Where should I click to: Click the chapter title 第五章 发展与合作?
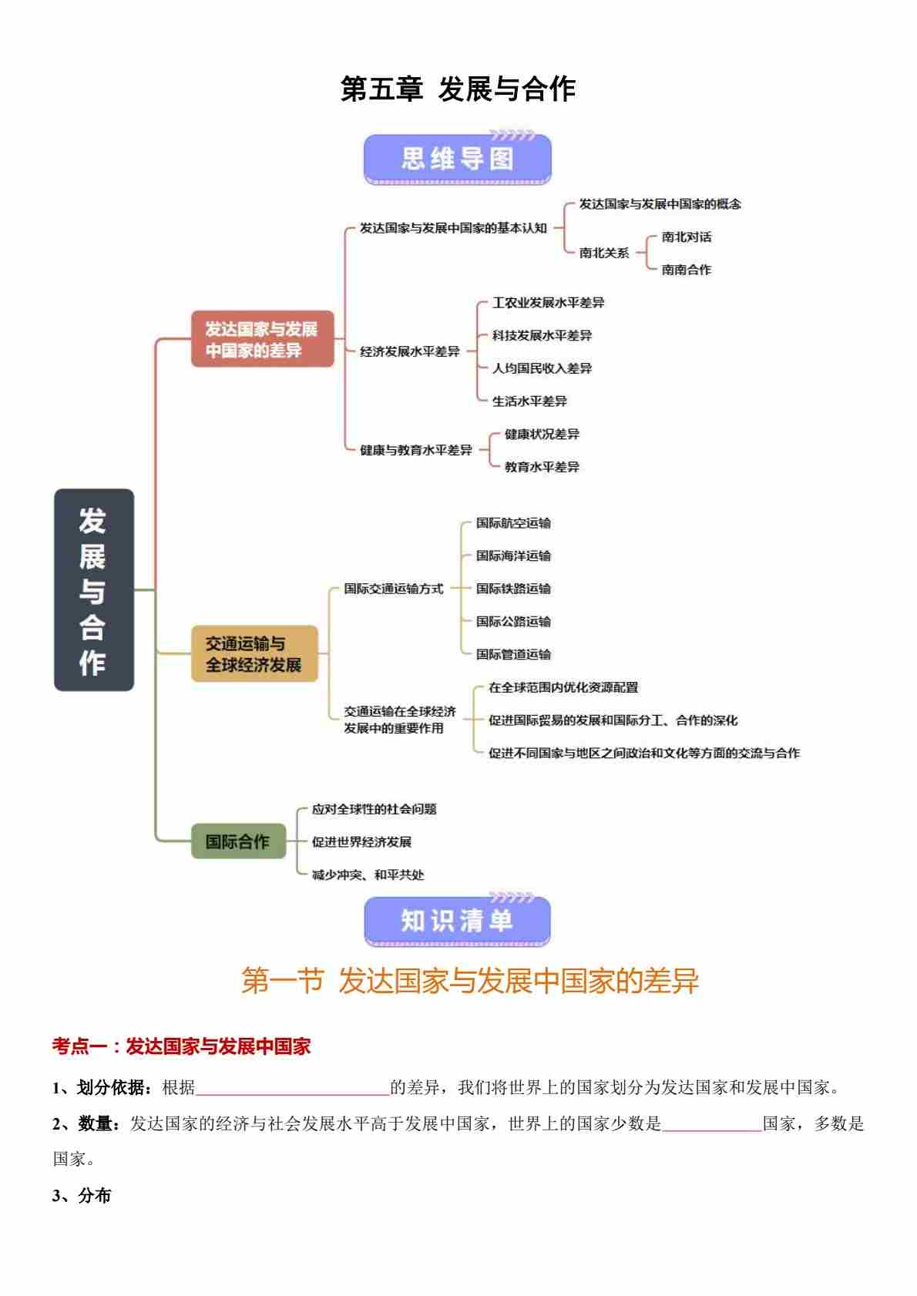458,89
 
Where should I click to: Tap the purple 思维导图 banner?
457,159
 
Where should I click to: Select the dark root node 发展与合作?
93,589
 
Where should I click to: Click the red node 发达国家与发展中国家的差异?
262,339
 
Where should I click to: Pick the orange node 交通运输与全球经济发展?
254,653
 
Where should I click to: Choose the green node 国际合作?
238,841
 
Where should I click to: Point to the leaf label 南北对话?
686,237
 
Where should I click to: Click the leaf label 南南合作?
686,270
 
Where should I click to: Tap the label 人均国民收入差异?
542,368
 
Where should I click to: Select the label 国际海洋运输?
513,556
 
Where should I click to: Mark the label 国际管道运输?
513,654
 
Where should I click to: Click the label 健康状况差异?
542,434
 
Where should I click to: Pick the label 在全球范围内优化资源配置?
563,687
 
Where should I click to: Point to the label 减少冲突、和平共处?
368,875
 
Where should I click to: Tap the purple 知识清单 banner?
457,921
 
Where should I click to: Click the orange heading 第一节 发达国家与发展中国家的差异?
469,981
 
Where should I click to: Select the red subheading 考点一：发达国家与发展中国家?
181,1046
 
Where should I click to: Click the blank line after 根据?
293,1087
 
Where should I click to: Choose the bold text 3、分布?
82,1195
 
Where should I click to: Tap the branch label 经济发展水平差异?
409,351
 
